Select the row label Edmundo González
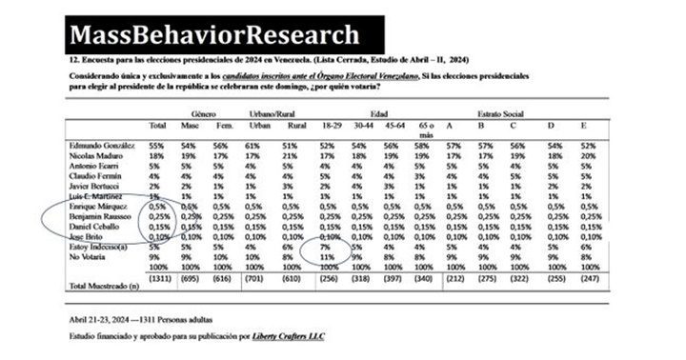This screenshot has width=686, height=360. tap(102, 145)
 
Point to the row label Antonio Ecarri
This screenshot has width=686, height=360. tap(95, 166)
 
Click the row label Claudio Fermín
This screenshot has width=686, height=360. tap(96, 176)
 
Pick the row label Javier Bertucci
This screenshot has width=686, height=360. tap(96, 187)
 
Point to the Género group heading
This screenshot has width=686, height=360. tap(202, 113)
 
